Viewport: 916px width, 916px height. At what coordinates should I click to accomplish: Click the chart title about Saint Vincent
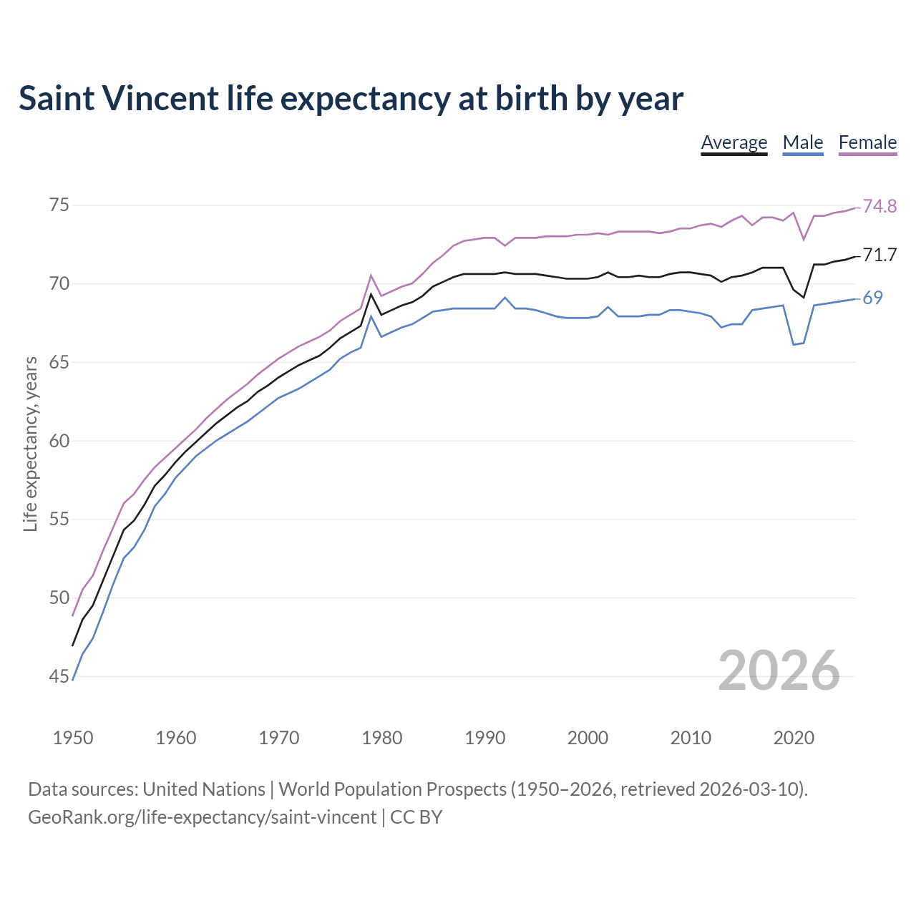pos(351,99)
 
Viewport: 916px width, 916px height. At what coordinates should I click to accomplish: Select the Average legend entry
pos(734,142)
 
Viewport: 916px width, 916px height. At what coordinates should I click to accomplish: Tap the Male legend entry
pos(803,142)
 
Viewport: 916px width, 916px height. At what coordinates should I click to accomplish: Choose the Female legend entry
pos(867,142)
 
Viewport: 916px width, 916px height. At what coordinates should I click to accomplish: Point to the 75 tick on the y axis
pos(59,205)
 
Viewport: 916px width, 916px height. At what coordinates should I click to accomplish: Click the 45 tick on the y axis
pos(59,676)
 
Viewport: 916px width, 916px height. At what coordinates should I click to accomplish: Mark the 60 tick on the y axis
pos(59,441)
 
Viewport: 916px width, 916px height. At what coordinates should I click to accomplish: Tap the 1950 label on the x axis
pos(73,738)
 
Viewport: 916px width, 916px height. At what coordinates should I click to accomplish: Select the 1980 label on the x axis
pos(382,738)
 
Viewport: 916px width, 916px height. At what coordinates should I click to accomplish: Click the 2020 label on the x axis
pos(794,738)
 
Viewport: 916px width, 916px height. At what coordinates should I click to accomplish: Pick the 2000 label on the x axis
pos(588,738)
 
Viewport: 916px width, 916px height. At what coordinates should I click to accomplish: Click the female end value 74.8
pos(880,207)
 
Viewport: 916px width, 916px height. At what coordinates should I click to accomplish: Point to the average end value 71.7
pos(880,255)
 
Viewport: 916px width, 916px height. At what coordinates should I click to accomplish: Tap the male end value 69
pos(872,298)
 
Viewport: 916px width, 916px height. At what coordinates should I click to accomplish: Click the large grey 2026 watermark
pos(779,671)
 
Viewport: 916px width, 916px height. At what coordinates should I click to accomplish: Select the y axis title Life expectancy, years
pos(31,444)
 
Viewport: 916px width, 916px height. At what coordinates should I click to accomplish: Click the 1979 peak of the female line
pos(371,276)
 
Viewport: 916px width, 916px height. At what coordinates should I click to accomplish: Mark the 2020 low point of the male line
pos(793,344)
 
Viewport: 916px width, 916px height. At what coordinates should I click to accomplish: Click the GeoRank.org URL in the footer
pos(202,817)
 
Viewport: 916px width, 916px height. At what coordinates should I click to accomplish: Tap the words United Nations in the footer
pos(204,789)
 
